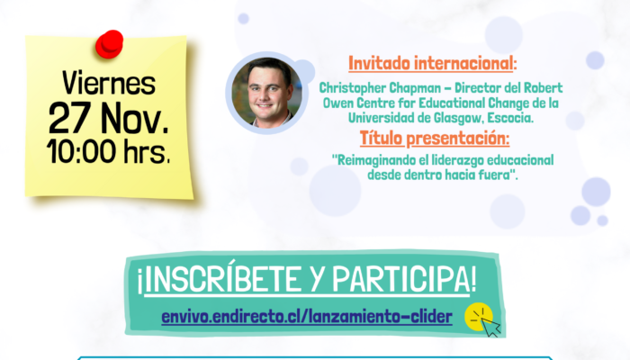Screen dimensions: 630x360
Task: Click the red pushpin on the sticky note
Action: point(109,44)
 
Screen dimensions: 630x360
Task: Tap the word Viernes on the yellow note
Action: point(109,84)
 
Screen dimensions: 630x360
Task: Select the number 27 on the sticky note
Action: point(69,118)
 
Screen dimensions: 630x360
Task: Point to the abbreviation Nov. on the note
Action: point(135,118)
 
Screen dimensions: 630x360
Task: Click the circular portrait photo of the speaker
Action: point(266,93)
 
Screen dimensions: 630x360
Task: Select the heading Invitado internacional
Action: point(432,64)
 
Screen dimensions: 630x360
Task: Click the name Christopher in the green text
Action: point(353,88)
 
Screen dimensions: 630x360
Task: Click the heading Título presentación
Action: point(435,139)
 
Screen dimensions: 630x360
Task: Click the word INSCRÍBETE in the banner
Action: point(220,279)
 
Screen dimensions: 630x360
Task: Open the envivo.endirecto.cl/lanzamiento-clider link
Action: point(307,317)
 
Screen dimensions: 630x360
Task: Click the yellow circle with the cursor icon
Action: point(479,317)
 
